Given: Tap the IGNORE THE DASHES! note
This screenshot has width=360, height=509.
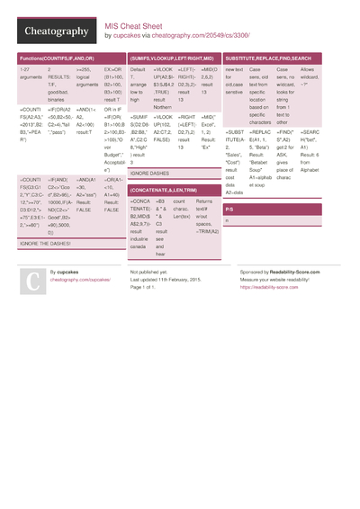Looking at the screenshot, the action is click(46, 244).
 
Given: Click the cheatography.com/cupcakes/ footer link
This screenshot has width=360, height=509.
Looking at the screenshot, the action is click(79, 280).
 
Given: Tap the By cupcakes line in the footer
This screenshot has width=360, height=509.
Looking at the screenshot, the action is click(65, 272).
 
